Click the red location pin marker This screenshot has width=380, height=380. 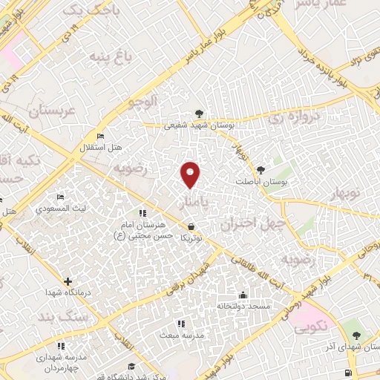point(191,174)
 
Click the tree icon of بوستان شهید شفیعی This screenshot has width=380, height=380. point(198,113)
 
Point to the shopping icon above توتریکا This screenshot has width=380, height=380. point(191,226)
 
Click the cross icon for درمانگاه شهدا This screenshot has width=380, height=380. point(68,281)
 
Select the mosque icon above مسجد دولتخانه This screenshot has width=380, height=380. point(243,295)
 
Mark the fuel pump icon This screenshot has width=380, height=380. point(348,372)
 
